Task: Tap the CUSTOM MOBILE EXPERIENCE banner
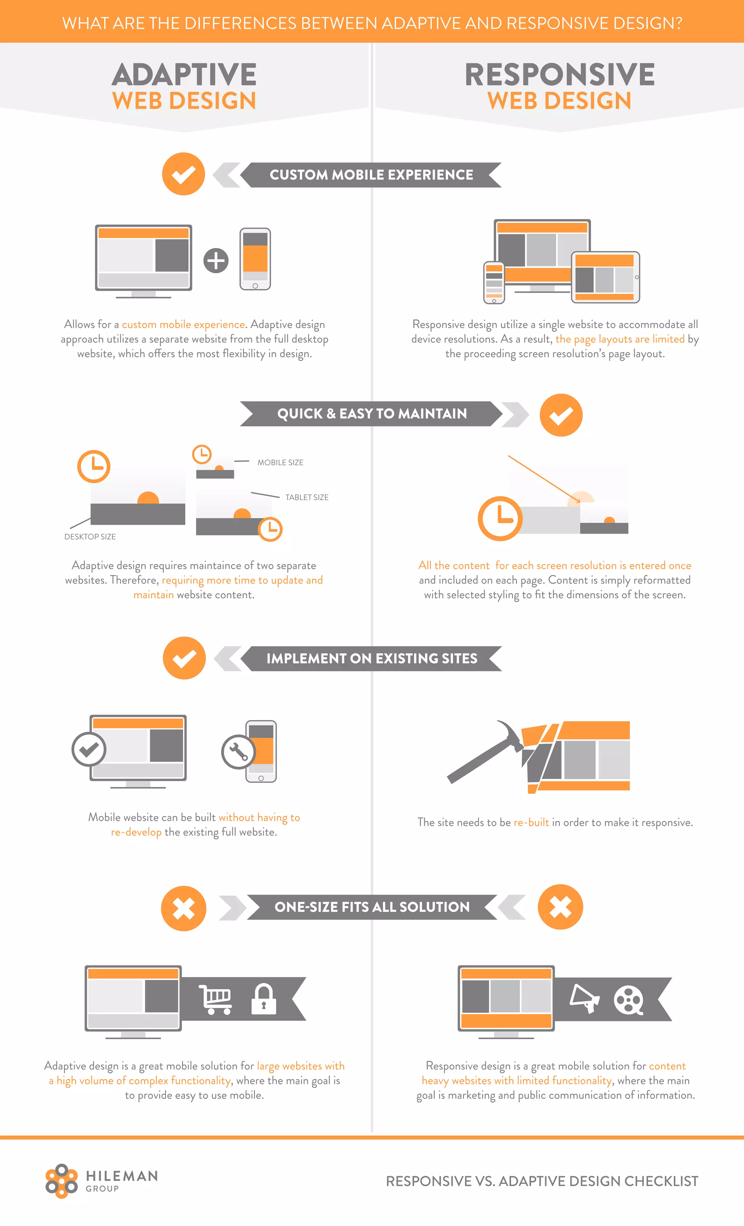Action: pyautogui.click(x=371, y=174)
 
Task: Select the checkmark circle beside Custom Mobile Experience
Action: pyautogui.click(x=183, y=174)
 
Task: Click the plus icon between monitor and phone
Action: pyautogui.click(x=216, y=260)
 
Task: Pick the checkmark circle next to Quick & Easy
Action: pyautogui.click(x=561, y=415)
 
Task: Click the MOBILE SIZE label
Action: pyautogui.click(x=280, y=462)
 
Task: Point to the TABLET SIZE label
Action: pyautogui.click(x=306, y=497)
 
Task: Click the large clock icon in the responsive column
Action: pyautogui.click(x=500, y=518)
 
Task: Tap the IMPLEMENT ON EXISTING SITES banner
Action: pyautogui.click(x=372, y=658)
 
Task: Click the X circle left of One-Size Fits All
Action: pyautogui.click(x=183, y=908)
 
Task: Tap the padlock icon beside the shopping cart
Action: pyautogui.click(x=264, y=998)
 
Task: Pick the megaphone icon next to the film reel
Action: pyautogui.click(x=585, y=998)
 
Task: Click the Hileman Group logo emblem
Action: pyautogui.click(x=61, y=1181)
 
